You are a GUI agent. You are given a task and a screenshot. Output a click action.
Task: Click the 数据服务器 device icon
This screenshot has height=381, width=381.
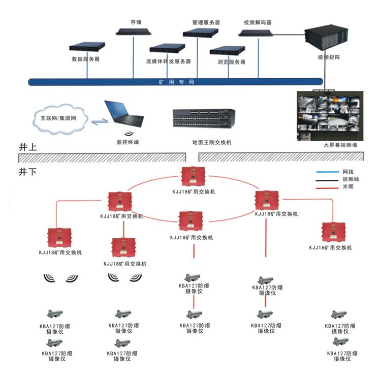pyautogui.click(x=88, y=47)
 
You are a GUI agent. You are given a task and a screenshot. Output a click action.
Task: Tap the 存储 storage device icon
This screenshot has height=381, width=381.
pyautogui.click(x=135, y=31)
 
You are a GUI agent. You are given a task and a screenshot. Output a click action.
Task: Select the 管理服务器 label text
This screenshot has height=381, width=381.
pyautogui.click(x=206, y=23)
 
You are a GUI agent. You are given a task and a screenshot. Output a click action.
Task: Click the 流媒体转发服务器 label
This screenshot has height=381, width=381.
pyautogui.click(x=168, y=61)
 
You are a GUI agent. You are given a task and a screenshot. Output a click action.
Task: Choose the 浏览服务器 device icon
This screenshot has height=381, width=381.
pyautogui.click(x=227, y=50)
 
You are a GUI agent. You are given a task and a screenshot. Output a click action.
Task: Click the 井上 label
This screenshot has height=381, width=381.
pyautogui.click(x=27, y=148)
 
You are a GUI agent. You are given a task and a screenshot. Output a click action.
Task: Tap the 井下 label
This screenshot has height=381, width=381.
pyautogui.click(x=27, y=172)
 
